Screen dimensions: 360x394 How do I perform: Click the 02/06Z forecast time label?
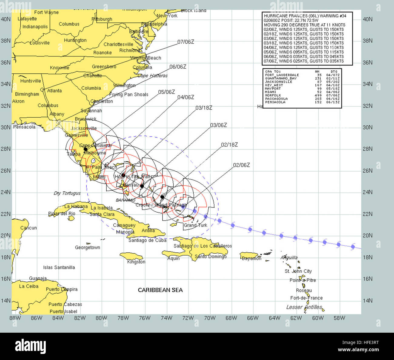point(241,165)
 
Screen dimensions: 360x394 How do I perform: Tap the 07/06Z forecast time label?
point(185,42)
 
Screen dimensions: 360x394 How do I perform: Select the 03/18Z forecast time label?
point(204,108)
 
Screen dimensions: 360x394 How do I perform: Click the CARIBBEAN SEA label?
point(160,290)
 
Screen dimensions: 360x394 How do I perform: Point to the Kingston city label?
point(136,262)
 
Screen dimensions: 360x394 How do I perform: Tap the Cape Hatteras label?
point(152,76)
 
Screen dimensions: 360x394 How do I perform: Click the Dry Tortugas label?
point(67,193)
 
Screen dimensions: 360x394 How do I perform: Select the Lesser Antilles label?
point(304,307)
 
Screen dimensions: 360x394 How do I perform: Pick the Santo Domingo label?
point(211,257)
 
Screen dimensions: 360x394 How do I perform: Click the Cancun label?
point(28,228)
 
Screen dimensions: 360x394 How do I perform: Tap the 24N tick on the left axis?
point(5,192)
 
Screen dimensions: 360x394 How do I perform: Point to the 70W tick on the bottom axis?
point(210,318)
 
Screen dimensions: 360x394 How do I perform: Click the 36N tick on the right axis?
point(368,62)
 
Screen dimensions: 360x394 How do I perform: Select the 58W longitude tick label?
point(339,318)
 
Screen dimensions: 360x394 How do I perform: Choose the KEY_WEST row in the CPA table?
point(274,85)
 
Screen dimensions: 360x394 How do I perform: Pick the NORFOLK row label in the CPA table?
point(273,95)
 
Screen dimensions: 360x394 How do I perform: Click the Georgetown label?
point(87,247)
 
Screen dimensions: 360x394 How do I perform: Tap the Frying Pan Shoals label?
point(129,95)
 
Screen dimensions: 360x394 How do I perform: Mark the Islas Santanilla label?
point(59,267)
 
